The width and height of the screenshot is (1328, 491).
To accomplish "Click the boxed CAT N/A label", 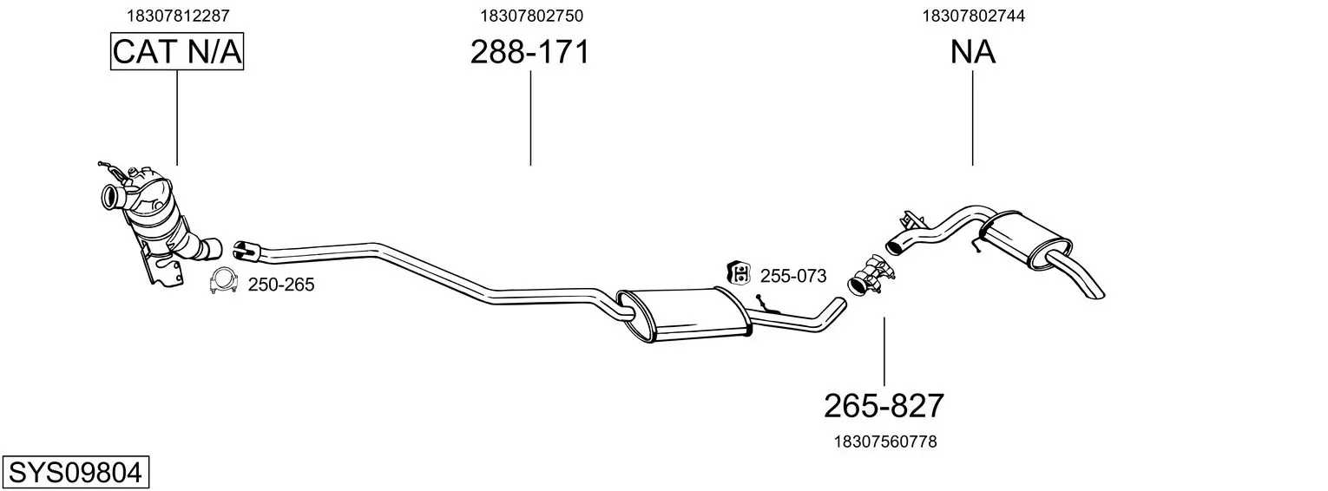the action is tap(177, 51).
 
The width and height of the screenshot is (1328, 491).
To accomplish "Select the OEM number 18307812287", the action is tap(178, 16).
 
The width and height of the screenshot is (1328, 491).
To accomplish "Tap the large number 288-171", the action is tap(530, 52).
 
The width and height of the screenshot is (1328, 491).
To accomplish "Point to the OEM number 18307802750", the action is tap(531, 16).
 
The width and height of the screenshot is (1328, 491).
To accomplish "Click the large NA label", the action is tap(972, 52).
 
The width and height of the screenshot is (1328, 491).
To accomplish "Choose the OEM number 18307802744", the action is tap(973, 16).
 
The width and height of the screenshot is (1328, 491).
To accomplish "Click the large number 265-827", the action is tap(884, 406).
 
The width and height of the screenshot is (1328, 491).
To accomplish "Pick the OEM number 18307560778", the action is tap(885, 442).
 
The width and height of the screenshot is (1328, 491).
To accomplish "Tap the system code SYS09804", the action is tap(76, 473).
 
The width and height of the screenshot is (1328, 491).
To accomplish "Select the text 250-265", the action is tap(281, 285).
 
